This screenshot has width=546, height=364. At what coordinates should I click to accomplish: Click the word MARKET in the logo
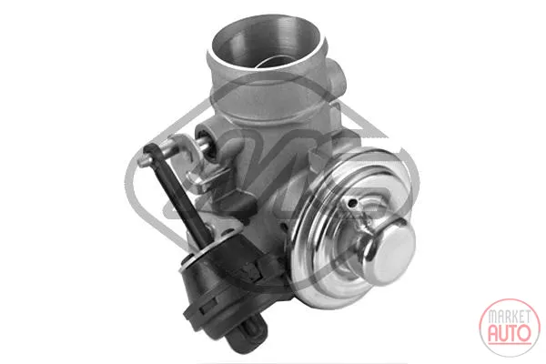tap(509, 317)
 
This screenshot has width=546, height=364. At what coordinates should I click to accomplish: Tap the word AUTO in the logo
tap(509, 333)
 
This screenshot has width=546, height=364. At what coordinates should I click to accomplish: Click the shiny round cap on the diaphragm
tap(391, 250)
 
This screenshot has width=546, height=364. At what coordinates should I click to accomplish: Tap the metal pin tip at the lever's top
tap(142, 162)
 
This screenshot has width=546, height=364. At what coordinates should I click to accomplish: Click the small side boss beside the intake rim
tap(336, 74)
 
